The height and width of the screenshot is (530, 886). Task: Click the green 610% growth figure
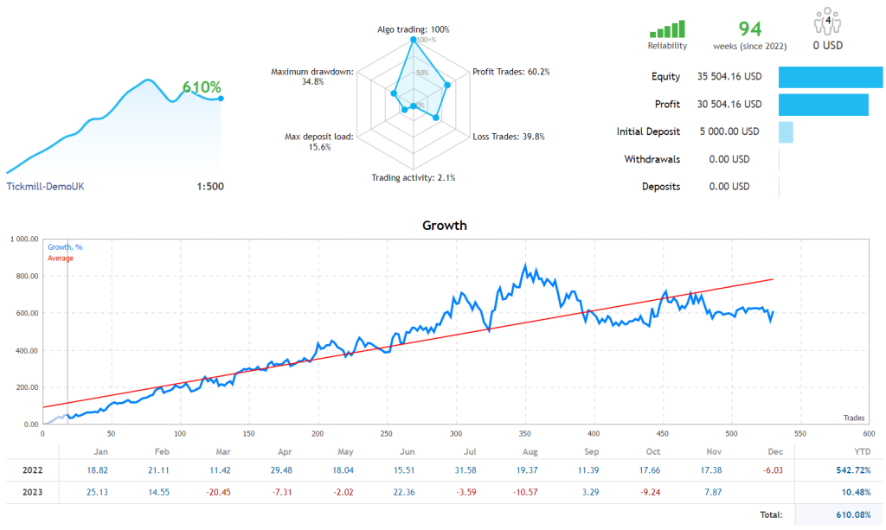pyautogui.click(x=202, y=87)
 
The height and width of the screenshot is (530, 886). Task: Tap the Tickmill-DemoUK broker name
pyautogui.click(x=45, y=186)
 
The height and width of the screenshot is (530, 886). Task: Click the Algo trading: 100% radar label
pyautogui.click(x=414, y=29)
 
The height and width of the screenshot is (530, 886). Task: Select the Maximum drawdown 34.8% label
pyautogui.click(x=311, y=76)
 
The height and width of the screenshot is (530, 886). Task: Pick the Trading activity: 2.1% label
pyautogui.click(x=414, y=177)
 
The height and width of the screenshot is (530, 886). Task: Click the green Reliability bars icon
pyautogui.click(x=667, y=29)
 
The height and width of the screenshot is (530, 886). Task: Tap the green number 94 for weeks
pyautogui.click(x=749, y=28)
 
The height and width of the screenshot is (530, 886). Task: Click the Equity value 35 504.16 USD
pyautogui.click(x=729, y=76)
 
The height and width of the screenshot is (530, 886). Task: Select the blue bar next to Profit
pyautogui.click(x=823, y=105)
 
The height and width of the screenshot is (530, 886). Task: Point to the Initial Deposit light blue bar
pyautogui.click(x=786, y=132)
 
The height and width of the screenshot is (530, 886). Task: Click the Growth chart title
pyautogui.click(x=444, y=226)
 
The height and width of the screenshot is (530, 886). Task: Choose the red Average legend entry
pyautogui.click(x=61, y=258)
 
